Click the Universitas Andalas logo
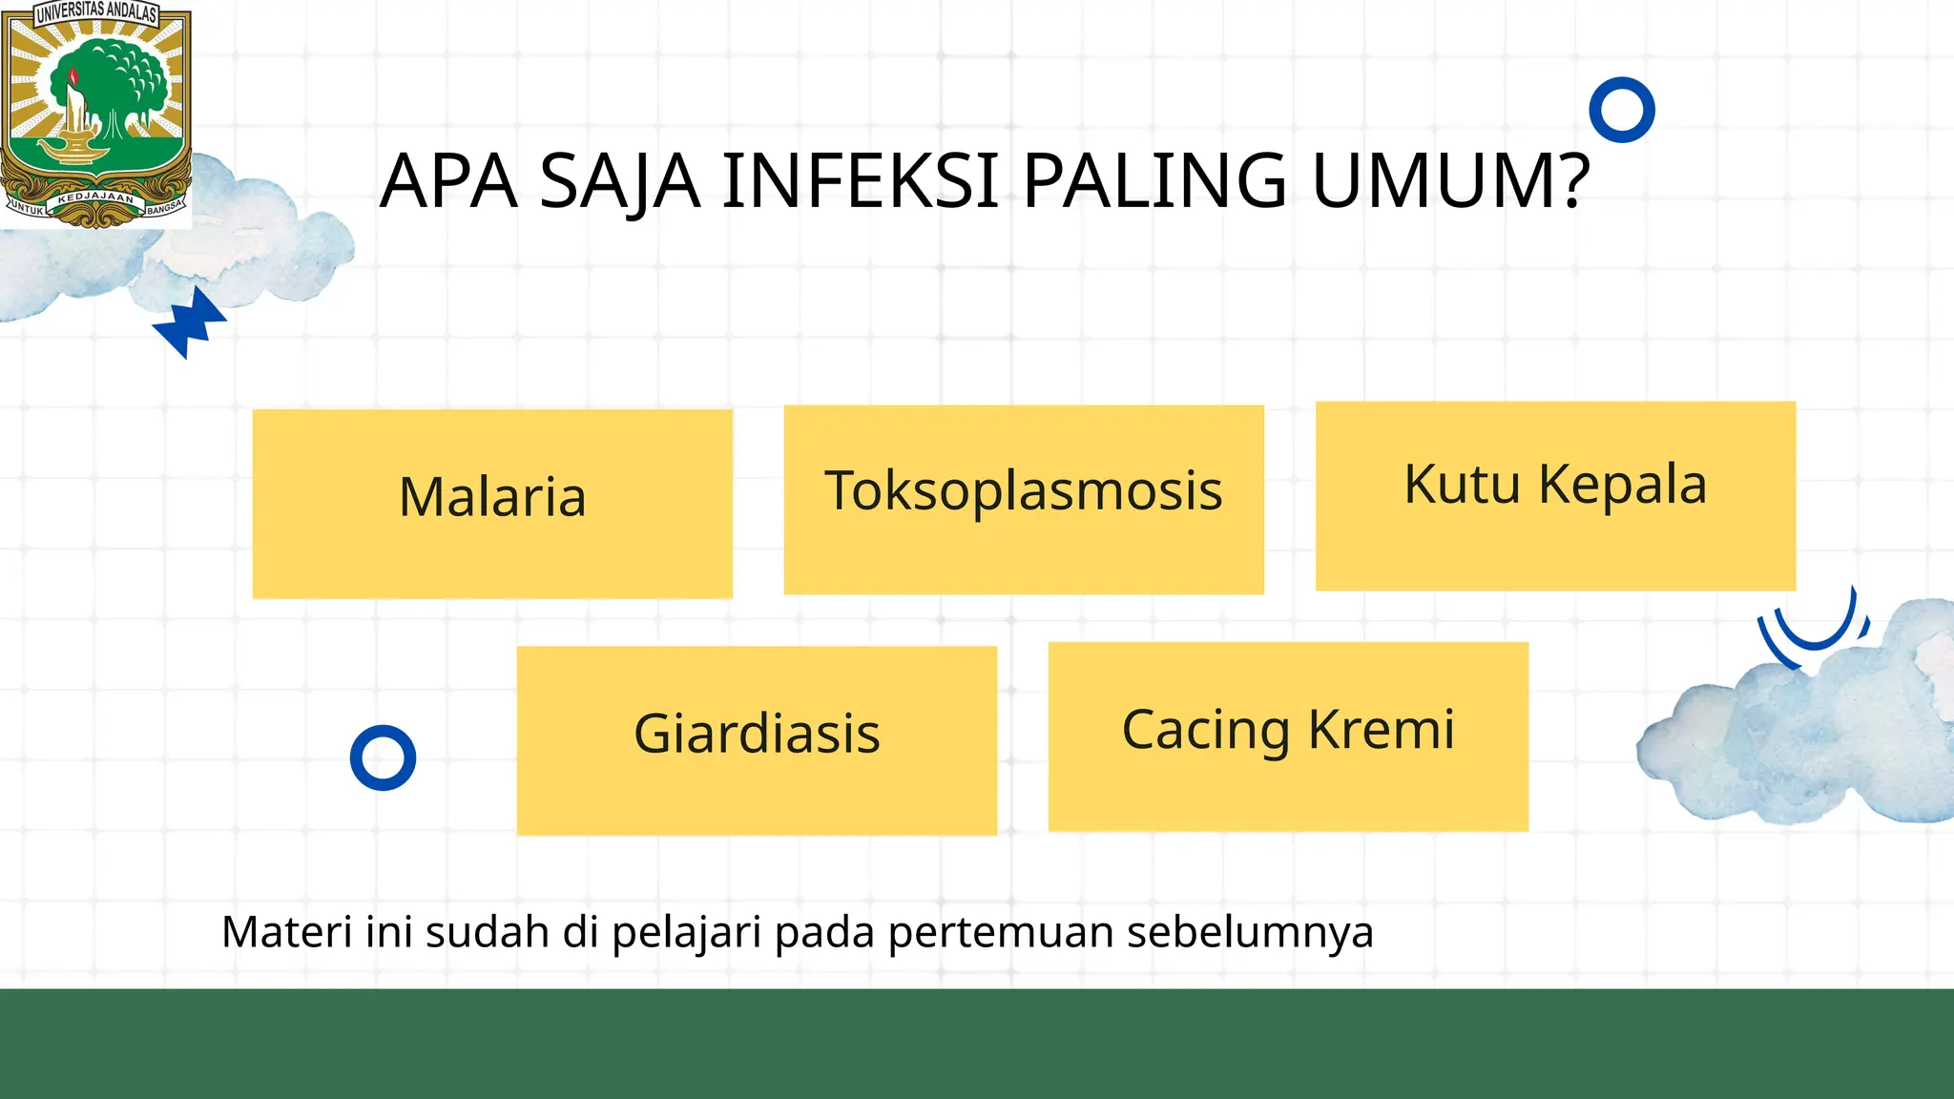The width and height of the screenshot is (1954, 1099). [x=95, y=114]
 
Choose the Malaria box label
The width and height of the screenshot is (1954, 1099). [x=492, y=497]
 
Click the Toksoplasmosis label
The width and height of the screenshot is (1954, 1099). [x=1024, y=491]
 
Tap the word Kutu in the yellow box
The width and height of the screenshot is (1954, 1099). [x=1462, y=485]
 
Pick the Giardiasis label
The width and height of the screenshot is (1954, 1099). [x=757, y=734]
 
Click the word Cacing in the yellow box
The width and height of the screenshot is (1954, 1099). [x=1206, y=732]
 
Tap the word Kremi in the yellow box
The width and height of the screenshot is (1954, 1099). [x=1382, y=730]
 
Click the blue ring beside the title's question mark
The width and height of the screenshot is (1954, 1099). [x=1622, y=110]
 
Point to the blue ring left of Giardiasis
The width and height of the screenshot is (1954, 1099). [x=383, y=758]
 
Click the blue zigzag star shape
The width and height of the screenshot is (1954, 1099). [x=191, y=321]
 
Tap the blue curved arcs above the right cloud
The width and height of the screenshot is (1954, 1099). [x=1813, y=630]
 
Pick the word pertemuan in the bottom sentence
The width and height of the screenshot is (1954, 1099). [x=1001, y=933]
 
